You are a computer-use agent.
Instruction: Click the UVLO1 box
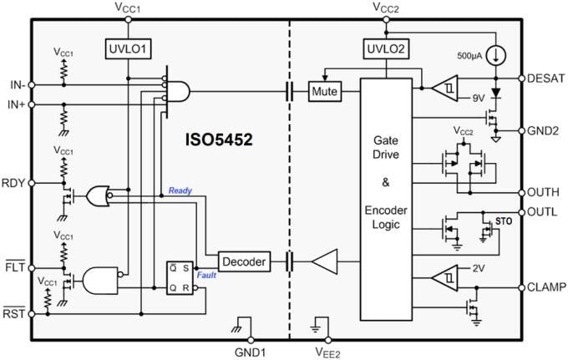pos(127,49)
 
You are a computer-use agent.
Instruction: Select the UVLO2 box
pos(384,49)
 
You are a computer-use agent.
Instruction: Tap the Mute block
pos(324,91)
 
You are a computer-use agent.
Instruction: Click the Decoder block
pos(245,262)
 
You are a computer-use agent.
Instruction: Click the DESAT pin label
pos(546,78)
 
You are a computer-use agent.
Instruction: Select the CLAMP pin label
pos(546,287)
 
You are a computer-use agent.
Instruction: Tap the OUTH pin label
pos(544,191)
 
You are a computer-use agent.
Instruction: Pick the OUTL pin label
pos(544,212)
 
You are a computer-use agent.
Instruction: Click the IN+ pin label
pos(15,104)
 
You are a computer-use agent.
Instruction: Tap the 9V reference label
pos(478,98)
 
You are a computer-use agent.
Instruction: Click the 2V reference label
pos(478,268)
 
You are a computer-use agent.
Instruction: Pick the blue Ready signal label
pos(180,190)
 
